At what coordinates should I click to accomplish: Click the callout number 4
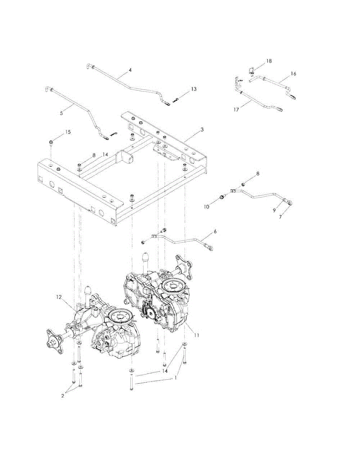click(x=130, y=70)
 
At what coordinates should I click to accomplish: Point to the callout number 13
click(x=193, y=90)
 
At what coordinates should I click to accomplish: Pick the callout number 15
click(x=68, y=133)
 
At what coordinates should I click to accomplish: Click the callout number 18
click(x=269, y=62)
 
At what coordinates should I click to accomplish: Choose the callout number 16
click(x=293, y=74)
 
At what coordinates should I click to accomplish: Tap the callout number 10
click(x=207, y=207)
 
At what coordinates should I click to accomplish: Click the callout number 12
click(x=59, y=297)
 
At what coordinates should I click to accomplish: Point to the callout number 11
click(x=196, y=335)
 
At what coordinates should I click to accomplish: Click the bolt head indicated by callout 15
click(x=51, y=144)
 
